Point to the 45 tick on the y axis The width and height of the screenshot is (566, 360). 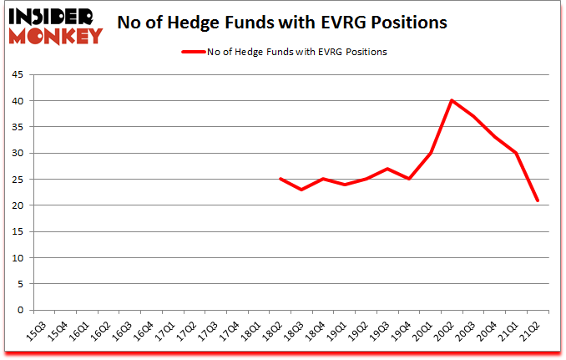pyautogui.click(x=18, y=75)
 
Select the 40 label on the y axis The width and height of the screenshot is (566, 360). pyautogui.click(x=18, y=101)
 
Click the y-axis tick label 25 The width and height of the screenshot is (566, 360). pyautogui.click(x=18, y=180)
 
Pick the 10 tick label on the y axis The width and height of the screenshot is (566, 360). pyautogui.click(x=18, y=258)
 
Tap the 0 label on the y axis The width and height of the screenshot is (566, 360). pyautogui.click(x=20, y=310)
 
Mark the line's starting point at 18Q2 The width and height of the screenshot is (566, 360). pyautogui.click(x=280, y=179)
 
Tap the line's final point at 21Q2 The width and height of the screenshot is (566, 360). pyautogui.click(x=538, y=200)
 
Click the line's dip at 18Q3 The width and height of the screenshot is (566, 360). pyautogui.click(x=301, y=190)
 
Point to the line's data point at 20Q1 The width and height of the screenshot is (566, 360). pyautogui.click(x=431, y=153)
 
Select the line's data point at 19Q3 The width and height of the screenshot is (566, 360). pyautogui.click(x=387, y=169)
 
